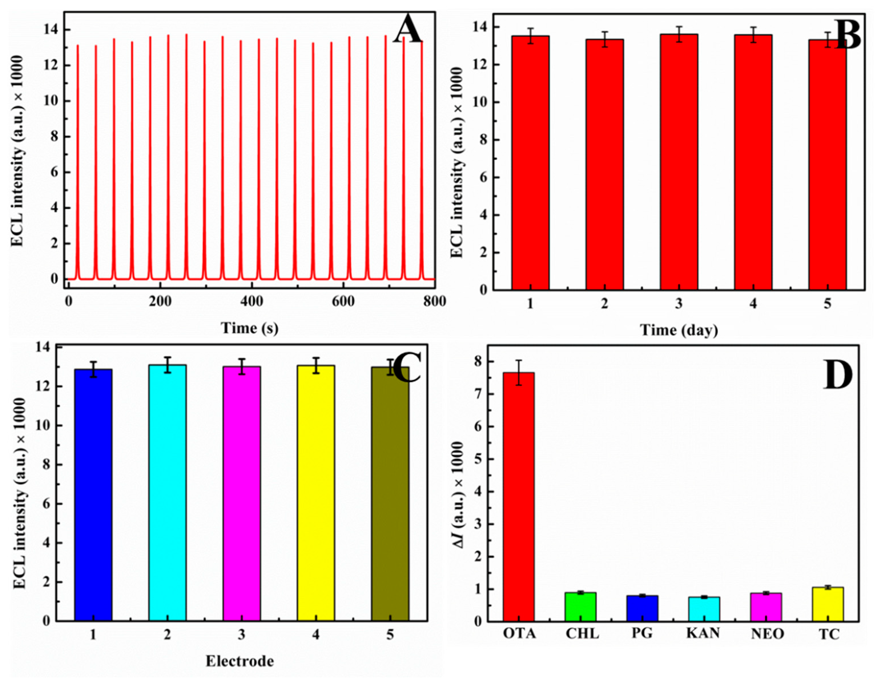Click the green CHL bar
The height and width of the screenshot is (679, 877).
tap(581, 607)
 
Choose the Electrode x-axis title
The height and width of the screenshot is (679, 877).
tap(240, 661)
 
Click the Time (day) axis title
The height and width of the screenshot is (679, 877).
tap(679, 330)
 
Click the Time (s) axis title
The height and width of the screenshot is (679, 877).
tap(249, 328)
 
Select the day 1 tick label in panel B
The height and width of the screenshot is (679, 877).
tap(530, 304)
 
